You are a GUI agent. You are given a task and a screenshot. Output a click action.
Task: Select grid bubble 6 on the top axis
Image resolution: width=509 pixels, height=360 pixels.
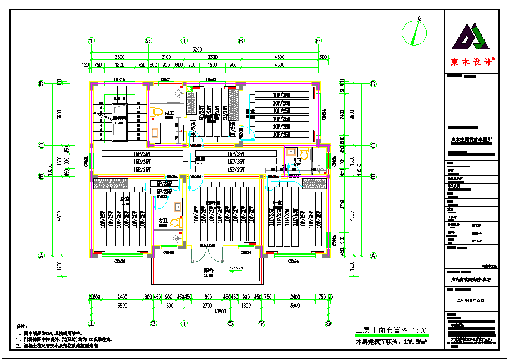pos(241,41)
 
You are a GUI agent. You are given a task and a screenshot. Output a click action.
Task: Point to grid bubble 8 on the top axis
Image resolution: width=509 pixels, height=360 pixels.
pos(319,41)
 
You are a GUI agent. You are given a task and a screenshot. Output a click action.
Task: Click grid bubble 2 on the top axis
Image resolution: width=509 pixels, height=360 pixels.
pos(148,41)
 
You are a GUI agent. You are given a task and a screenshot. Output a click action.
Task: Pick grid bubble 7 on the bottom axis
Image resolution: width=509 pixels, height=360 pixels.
pos(261,323)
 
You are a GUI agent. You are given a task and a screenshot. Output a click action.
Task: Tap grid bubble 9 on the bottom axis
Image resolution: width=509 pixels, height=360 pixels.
pos(328,323)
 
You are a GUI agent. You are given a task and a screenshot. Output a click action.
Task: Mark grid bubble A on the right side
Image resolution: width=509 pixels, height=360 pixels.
pos(373,256)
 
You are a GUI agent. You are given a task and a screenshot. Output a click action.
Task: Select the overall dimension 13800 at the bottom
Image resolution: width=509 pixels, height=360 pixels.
pos(220,312)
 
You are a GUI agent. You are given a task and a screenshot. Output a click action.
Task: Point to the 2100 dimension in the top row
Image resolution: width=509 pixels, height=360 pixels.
pos(166,57)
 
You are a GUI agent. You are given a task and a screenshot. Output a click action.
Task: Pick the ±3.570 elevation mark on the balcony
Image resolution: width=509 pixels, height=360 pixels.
pos(238,268)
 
